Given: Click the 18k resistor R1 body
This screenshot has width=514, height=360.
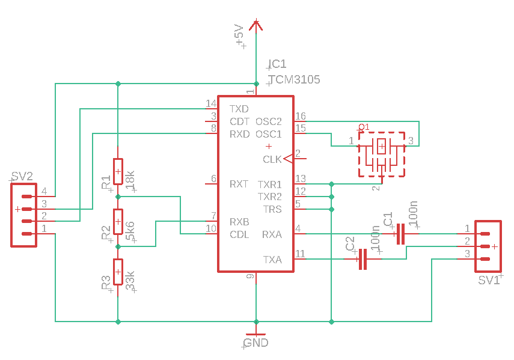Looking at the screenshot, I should tap(118, 172).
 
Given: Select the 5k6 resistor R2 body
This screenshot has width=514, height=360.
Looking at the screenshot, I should tap(118, 222).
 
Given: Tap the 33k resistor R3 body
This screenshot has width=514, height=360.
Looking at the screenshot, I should tap(118, 272).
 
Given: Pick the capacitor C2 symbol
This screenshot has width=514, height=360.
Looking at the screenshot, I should tap(363, 260).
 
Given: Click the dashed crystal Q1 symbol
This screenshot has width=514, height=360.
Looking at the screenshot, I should tap(382, 154).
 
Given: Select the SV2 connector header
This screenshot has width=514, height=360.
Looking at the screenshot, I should tap(23, 215).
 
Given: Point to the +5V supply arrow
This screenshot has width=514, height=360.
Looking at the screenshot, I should tap(257, 25).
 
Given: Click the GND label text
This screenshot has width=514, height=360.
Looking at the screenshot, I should tap(256, 343).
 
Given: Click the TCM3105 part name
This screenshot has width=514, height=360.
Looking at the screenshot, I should tap(294, 79).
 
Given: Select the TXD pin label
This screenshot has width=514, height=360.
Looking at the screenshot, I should tap(239, 109).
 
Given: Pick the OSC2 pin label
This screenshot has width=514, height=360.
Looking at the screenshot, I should tap(269, 121).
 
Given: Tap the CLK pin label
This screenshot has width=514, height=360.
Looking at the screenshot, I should tap(272, 159).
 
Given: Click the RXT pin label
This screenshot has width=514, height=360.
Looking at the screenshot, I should tap(239, 184).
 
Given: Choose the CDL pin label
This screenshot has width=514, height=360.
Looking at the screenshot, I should tap(240, 234).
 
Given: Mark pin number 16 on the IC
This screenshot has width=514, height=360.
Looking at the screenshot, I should tap(301, 116).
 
